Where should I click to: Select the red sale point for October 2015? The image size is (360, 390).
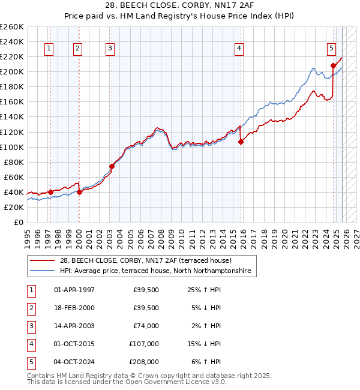pos(241,142)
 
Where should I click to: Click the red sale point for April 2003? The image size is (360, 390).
pos(112,166)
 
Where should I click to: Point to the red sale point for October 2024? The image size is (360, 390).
pos(333,65)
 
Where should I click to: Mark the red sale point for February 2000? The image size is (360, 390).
pos(79,192)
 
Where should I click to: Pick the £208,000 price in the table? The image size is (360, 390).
pos(144,362)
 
